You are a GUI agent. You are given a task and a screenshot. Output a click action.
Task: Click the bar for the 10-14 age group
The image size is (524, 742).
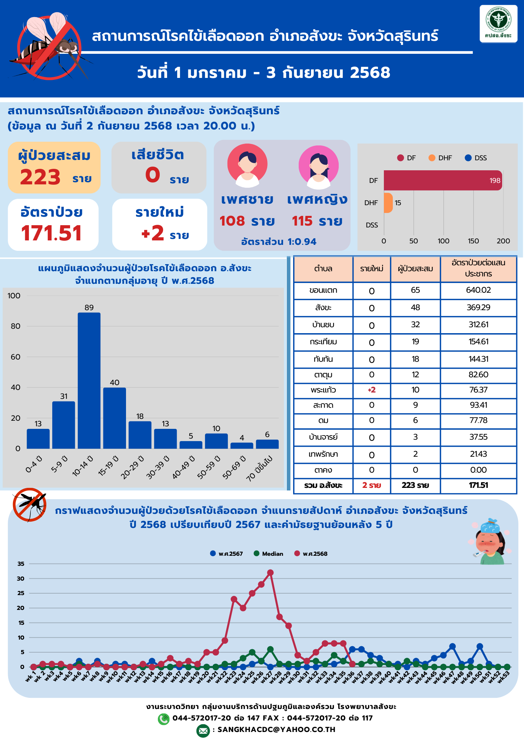click(89, 380)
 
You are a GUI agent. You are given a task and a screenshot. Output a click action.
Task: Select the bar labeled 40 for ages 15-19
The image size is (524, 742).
click(115, 418)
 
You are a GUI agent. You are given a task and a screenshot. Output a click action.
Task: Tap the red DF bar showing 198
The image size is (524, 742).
click(443, 180)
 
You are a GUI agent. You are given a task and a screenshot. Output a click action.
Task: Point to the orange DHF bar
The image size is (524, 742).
click(388, 203)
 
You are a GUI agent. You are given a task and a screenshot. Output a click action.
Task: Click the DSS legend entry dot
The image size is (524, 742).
click(468, 158)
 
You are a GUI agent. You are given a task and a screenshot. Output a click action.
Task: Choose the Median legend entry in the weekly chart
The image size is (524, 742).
click(269, 554)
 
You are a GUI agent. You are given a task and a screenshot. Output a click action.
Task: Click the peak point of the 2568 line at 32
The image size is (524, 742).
click(270, 573)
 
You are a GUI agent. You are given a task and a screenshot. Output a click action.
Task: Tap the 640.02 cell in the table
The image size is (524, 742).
click(478, 290)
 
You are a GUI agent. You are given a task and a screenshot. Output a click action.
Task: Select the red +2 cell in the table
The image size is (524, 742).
click(371, 390)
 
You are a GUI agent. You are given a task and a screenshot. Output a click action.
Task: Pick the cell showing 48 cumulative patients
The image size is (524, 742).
click(415, 308)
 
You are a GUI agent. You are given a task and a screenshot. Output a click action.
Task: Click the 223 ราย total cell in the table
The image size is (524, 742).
click(415, 485)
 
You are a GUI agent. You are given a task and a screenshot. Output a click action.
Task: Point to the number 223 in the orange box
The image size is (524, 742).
click(40, 177)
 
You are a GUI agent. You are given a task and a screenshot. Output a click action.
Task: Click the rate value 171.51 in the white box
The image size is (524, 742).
click(52, 233)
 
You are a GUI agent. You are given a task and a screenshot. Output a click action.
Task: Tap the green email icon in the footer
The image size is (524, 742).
click(203, 730)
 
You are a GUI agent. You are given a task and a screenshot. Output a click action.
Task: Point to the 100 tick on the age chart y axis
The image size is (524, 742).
click(14, 296)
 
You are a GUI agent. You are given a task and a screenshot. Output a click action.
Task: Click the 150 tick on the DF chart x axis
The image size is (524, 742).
click(473, 241)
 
